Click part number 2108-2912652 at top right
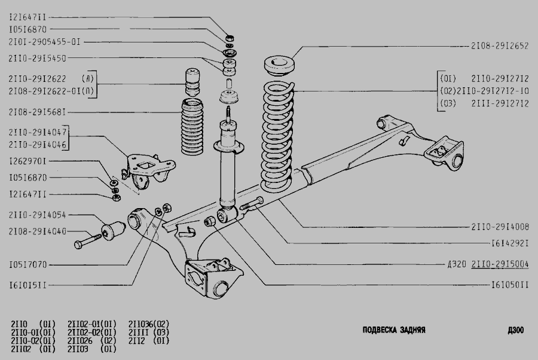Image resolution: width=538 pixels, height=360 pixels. (500, 45)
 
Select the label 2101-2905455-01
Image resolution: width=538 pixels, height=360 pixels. (45, 42)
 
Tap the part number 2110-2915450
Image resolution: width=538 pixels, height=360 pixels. (38, 58)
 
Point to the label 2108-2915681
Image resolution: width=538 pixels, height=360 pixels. (38, 112)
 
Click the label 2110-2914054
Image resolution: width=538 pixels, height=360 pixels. (38, 215)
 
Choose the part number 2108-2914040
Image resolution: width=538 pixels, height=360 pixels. (38, 231)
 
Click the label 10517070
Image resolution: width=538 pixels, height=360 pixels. (27, 265)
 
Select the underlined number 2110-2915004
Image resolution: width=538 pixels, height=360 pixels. (500, 264)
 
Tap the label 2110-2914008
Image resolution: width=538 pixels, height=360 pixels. (500, 227)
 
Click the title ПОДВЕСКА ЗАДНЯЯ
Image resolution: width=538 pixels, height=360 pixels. (394, 330)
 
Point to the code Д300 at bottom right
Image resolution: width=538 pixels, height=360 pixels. (516, 330)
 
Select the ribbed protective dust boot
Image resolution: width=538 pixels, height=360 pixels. (192, 127)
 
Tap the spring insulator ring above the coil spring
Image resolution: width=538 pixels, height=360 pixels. (280, 65)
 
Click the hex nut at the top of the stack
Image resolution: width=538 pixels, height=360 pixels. (230, 36)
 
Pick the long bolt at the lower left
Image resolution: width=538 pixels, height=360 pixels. (88, 240)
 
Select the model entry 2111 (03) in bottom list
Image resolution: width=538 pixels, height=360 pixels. (149, 332)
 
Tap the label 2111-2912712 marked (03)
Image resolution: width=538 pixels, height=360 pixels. (500, 103)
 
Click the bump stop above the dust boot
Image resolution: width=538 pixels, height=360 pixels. (192, 83)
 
